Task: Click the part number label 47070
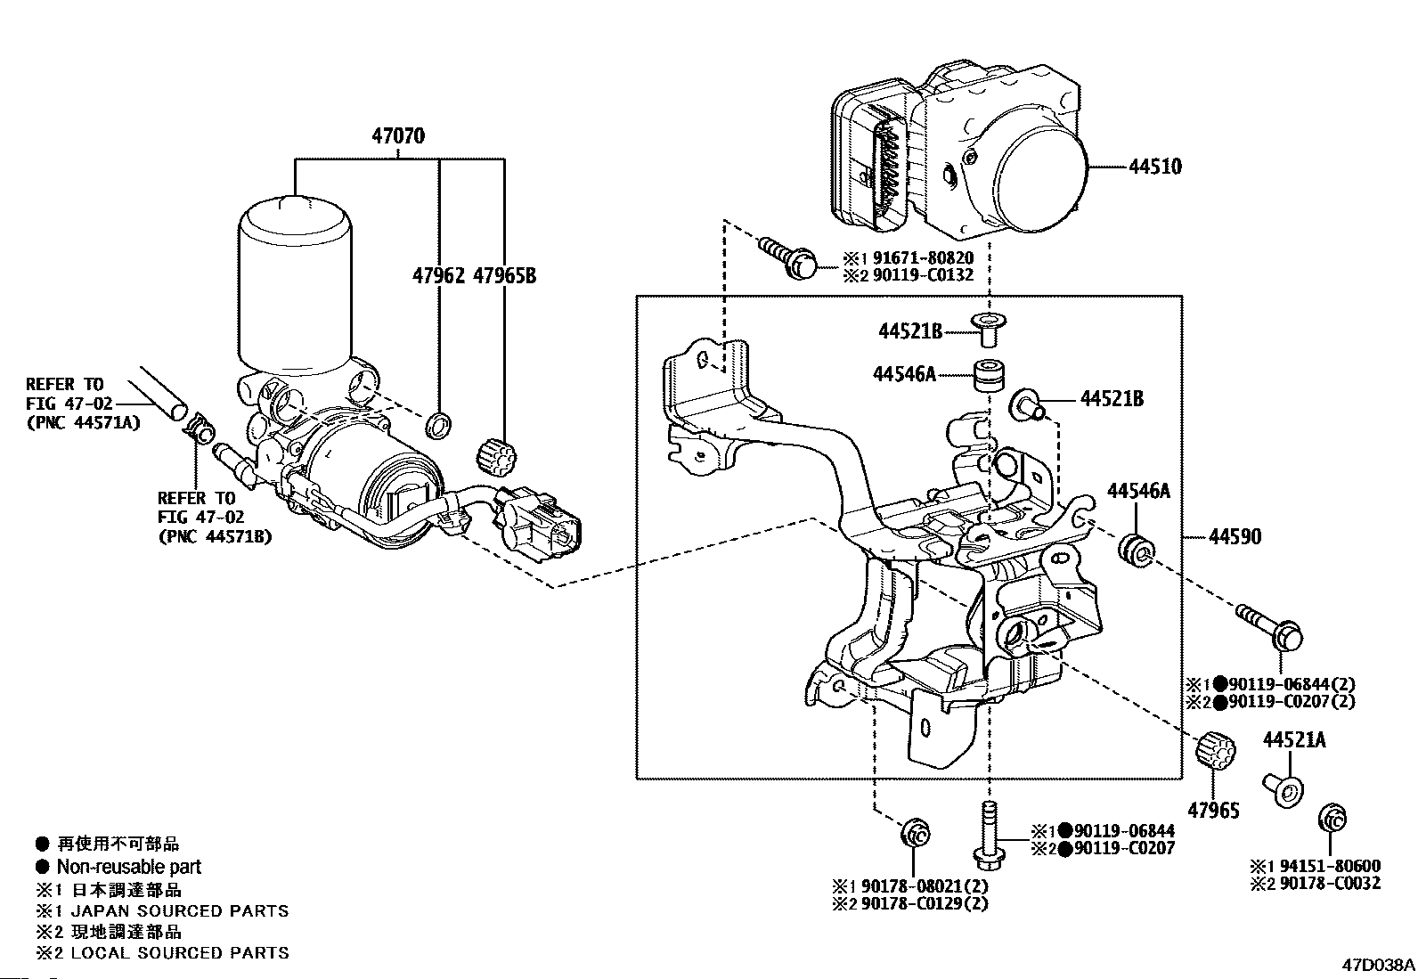coord(398,136)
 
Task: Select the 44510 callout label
coord(1155,167)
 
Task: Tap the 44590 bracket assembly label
coord(1235,537)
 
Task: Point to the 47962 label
coord(438,275)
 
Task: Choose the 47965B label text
coord(504,275)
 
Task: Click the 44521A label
coord(1293,740)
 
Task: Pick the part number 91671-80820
coord(916,258)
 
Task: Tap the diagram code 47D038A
coord(1378,964)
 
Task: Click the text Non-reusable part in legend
coord(129,867)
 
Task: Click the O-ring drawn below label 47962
coord(438,425)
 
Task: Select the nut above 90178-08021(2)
coord(915,834)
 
